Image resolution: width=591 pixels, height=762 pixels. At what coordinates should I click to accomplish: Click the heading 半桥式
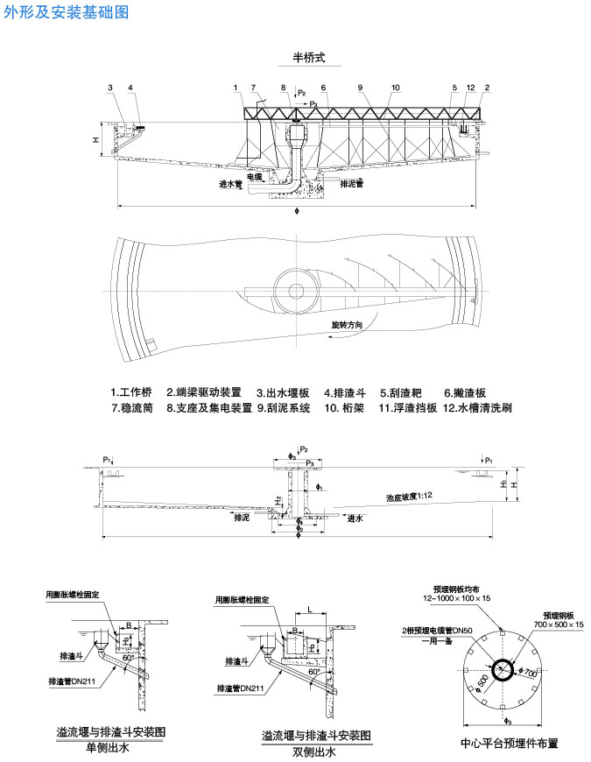pos(309,58)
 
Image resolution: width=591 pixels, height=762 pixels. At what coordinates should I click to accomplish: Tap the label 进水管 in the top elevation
pos(231,185)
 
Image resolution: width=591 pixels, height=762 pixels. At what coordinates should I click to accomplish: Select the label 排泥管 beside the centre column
pos(352,183)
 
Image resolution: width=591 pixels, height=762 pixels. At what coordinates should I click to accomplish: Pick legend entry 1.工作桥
pos(131,392)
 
